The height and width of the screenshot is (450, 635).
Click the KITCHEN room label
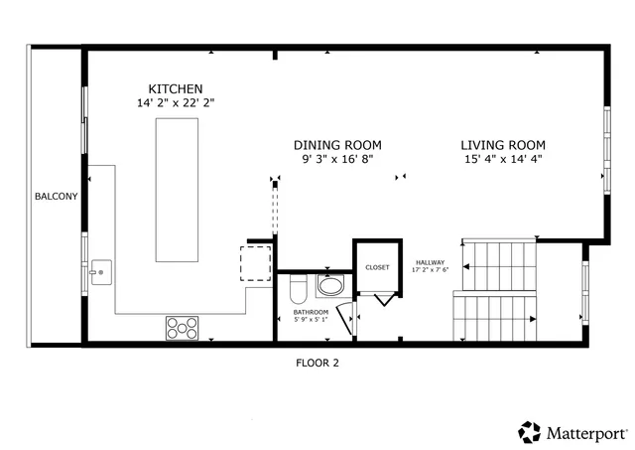tap(176, 88)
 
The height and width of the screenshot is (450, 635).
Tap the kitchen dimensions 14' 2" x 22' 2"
tap(176, 102)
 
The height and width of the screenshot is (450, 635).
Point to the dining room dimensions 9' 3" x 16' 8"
tap(337, 159)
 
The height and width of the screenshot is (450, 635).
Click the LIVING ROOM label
tap(502, 144)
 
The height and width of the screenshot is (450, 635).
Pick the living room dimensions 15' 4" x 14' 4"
tap(502, 159)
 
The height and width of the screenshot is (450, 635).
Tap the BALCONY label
tap(56, 197)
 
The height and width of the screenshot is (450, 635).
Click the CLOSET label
tap(378, 267)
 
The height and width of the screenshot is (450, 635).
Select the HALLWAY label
tap(431, 261)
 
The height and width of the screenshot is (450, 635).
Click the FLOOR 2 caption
tap(317, 364)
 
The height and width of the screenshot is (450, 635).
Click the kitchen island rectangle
tap(177, 187)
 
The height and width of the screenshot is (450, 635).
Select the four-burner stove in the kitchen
tap(182, 327)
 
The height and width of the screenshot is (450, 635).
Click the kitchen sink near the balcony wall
tap(99, 270)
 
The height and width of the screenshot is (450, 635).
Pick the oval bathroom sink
tap(329, 287)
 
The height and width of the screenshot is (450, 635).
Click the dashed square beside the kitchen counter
tap(255, 263)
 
